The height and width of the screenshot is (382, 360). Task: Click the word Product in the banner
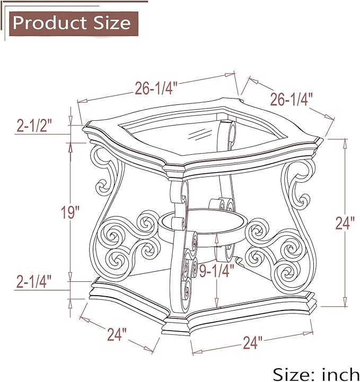(x=50, y=23)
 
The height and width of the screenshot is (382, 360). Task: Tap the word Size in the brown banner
(x=112, y=23)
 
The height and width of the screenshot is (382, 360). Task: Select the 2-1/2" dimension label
(x=34, y=126)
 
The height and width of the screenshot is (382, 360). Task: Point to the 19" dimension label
(x=70, y=212)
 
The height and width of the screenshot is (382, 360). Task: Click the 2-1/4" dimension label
(x=34, y=281)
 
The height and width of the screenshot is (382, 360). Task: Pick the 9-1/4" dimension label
(x=217, y=270)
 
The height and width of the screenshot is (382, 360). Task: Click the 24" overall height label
(x=345, y=223)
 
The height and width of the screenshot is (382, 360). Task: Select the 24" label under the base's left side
(x=117, y=334)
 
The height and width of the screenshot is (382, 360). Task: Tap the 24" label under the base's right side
(x=252, y=343)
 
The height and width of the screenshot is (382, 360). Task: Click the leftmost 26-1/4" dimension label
(x=156, y=88)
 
